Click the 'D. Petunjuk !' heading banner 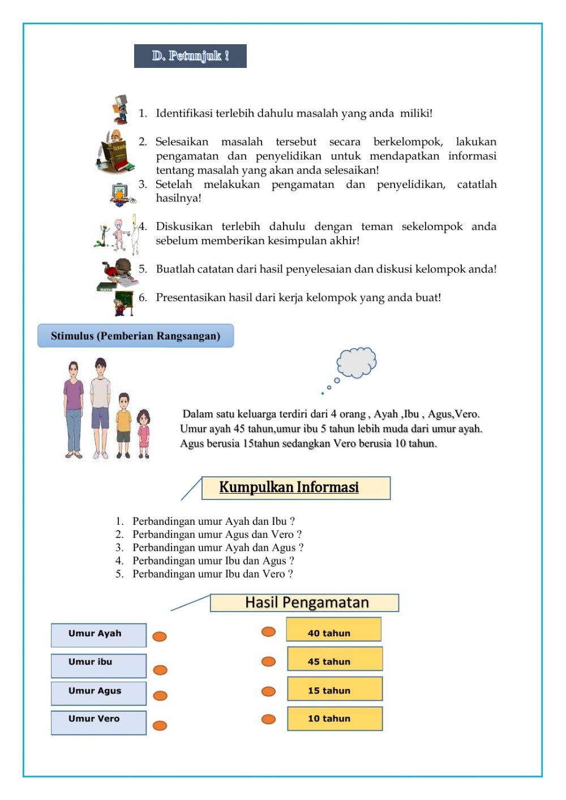(x=190, y=56)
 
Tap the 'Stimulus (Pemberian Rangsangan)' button (x=135, y=336)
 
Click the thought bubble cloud (x=357, y=362)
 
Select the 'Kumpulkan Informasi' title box (x=295, y=487)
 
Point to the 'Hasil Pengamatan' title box (x=305, y=602)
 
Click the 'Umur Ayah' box (x=98, y=635)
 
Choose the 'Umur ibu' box (x=98, y=665)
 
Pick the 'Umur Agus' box (x=98, y=693)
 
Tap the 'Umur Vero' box (x=98, y=722)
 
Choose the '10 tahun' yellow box (x=335, y=718)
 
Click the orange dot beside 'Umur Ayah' (x=160, y=636)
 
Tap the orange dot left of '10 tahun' (x=268, y=719)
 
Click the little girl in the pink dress (x=144, y=433)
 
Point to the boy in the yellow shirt (x=123, y=425)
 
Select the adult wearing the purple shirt (x=73, y=408)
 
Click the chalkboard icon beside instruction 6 (x=124, y=303)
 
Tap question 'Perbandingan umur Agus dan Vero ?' (x=217, y=534)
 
